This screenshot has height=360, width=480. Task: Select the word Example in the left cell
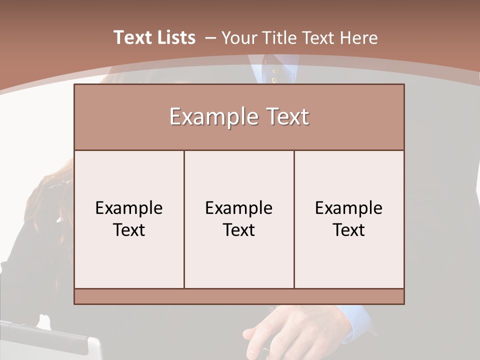(129, 208)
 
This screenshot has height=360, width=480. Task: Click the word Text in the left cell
(129, 230)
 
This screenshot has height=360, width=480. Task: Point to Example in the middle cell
(239, 208)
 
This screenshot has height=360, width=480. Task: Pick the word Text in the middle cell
(239, 230)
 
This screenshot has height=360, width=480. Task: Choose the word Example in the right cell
(348, 208)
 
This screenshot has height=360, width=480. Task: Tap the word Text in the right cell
(348, 230)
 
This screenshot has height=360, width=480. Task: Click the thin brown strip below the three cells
(239, 296)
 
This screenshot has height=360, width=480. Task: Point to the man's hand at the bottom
(280, 332)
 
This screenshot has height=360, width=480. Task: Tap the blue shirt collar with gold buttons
(272, 70)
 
